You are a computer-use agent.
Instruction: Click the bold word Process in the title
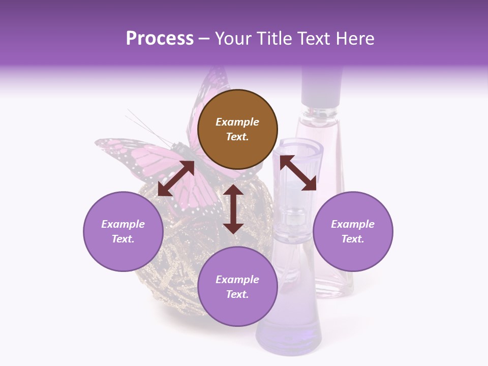click(x=160, y=39)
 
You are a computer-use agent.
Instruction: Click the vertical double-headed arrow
click(x=233, y=209)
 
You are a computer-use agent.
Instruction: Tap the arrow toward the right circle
click(x=298, y=173)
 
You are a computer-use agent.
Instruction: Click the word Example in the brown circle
click(x=237, y=122)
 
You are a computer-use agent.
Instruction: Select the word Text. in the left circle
click(x=123, y=239)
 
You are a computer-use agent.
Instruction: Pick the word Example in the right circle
click(x=353, y=224)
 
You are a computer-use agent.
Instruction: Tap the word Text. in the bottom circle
click(x=237, y=294)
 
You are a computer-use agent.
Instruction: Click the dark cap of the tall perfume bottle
click(x=321, y=86)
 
